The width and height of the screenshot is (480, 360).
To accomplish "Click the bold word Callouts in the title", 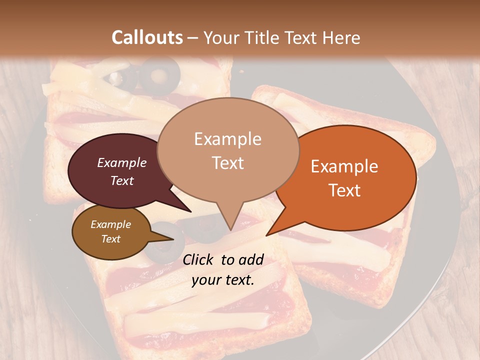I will pyautogui.click(x=147, y=37).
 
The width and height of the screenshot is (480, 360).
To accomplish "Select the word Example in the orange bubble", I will pyautogui.click(x=344, y=166).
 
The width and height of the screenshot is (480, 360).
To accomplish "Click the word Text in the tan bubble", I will pyautogui.click(x=228, y=163).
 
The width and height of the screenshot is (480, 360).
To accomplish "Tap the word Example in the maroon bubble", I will pyautogui.click(x=122, y=162).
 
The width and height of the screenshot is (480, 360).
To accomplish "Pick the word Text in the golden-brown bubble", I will pyautogui.click(x=111, y=239).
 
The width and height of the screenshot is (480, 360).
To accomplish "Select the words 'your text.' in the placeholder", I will pyautogui.click(x=223, y=280).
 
